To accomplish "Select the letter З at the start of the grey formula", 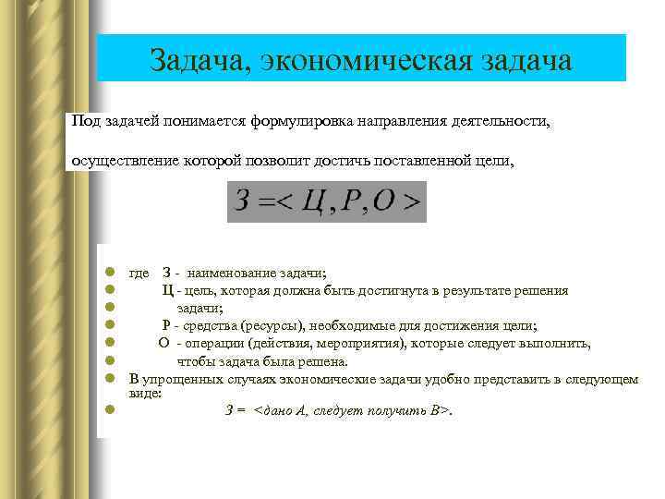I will tap(243, 201).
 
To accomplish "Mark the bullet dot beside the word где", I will tap(109, 273).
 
